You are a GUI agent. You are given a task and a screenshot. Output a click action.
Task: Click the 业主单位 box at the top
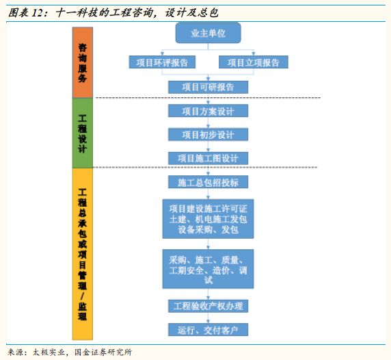pyautogui.click(x=208, y=33)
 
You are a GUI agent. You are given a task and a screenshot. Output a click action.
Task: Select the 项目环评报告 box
pyautogui.click(x=162, y=62)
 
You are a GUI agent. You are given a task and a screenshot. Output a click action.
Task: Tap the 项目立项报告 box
pyautogui.click(x=254, y=62)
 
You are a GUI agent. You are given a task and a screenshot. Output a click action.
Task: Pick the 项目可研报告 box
pyautogui.click(x=208, y=87)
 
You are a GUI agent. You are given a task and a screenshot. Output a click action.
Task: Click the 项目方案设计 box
pyautogui.click(x=208, y=111)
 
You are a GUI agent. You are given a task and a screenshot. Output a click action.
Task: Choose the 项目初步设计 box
pyautogui.click(x=208, y=135)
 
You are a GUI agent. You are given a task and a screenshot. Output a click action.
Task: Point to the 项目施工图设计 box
pyautogui.click(x=208, y=158)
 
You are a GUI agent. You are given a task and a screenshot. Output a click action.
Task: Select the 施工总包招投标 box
pyautogui.click(x=208, y=182)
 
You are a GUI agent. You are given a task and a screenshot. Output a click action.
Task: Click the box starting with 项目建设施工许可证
pyautogui.click(x=208, y=219)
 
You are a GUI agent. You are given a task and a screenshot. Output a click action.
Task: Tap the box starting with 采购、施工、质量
pyautogui.click(x=208, y=269)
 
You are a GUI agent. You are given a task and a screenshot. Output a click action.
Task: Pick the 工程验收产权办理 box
pyautogui.click(x=208, y=306)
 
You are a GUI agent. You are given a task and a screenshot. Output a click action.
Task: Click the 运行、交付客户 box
pyautogui.click(x=208, y=330)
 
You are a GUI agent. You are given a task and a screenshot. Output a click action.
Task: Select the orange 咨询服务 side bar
pyautogui.click(x=83, y=62)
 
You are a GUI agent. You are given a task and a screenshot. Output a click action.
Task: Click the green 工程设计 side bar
pyautogui.click(x=83, y=133)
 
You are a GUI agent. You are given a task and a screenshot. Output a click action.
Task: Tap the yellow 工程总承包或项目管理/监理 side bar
pyautogui.click(x=83, y=254)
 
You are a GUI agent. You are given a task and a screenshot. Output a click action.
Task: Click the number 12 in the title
pyautogui.click(x=38, y=13)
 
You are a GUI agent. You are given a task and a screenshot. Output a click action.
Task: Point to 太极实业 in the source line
pyautogui.click(x=49, y=352)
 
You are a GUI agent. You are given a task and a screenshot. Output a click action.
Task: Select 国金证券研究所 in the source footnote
pyautogui.click(x=103, y=352)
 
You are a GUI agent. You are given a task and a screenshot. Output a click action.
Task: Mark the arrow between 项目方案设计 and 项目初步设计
pyautogui.click(x=208, y=123)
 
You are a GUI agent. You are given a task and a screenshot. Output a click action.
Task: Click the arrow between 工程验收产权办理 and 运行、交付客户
pyautogui.click(x=208, y=318)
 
